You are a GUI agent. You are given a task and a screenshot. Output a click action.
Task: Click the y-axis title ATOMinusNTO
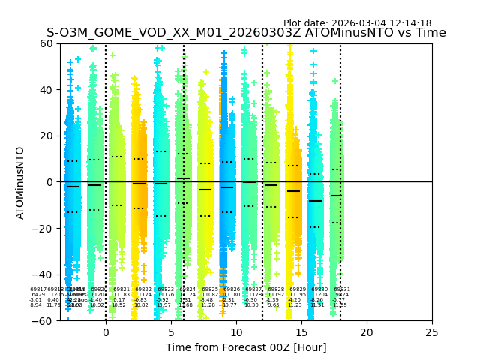coord(21,182)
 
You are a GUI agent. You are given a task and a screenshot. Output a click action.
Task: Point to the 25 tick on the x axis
coord(432,332)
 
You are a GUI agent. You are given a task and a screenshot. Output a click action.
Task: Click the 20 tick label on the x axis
coord(367,332)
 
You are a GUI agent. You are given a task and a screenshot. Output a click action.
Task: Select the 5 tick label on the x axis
coord(171,332)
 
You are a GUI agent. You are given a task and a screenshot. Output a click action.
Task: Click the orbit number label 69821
coord(121,289)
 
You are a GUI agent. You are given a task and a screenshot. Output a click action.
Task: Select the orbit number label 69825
coord(210,289)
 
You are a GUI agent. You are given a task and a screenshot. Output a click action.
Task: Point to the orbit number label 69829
coord(298,289)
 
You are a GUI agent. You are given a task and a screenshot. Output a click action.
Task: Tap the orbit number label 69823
coord(166,289)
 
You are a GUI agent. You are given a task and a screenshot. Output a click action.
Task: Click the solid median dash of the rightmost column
coord(337,196)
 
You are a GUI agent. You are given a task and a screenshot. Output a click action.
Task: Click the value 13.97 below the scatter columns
coord(163,305)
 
